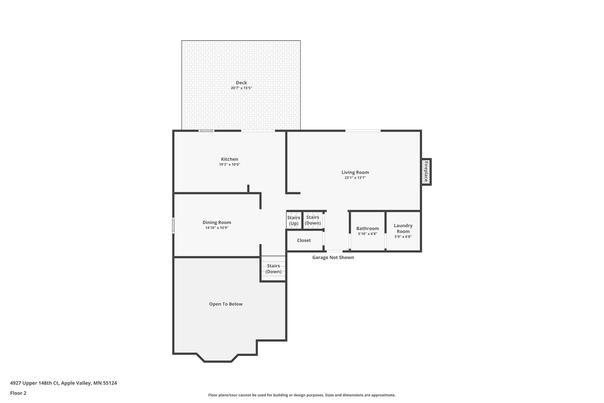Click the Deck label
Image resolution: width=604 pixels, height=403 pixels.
click(241, 83)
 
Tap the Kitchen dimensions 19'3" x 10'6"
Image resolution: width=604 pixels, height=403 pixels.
click(229, 164)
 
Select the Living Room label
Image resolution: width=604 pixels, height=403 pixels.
click(355, 172)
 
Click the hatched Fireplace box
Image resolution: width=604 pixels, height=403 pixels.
click(426, 172)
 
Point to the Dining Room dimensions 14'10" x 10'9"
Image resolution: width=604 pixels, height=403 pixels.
click(217, 228)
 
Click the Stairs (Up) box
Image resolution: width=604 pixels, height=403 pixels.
click(294, 221)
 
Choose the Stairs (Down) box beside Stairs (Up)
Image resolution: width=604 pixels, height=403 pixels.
click(313, 220)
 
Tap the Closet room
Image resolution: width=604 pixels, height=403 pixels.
click(304, 240)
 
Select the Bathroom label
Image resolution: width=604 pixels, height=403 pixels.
click(367, 229)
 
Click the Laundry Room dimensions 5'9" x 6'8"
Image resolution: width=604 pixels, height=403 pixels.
click(403, 236)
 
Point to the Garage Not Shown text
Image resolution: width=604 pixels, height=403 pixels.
click(333, 257)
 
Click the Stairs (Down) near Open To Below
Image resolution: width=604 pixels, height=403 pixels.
click(273, 269)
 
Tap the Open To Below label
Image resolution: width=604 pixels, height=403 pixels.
click(226, 304)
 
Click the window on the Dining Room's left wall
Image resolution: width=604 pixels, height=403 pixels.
click(173, 226)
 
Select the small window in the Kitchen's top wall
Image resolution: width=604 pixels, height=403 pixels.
click(206, 131)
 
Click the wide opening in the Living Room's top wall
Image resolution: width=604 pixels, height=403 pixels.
click(363, 131)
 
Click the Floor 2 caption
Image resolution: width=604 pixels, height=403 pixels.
click(18, 393)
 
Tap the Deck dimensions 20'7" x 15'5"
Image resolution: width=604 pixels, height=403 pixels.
click(241, 88)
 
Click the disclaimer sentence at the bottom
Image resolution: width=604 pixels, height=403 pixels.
click(302, 395)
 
